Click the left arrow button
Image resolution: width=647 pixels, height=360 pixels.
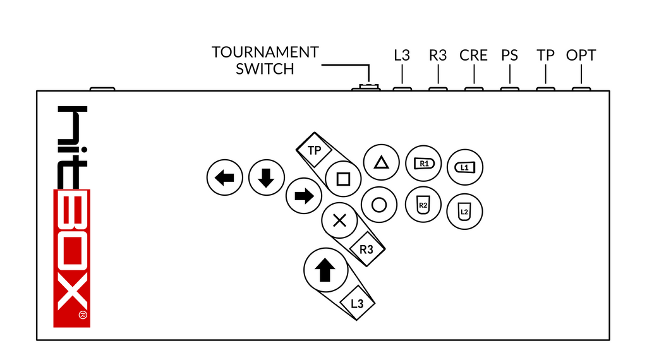tap(225, 178)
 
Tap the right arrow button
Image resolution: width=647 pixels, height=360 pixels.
tap(304, 196)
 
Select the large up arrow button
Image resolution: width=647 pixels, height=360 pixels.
tap(325, 270)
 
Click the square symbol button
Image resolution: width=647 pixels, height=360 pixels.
tap(343, 179)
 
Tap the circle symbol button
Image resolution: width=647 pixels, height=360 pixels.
tap(379, 205)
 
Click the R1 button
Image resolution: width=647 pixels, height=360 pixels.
tap(423, 164)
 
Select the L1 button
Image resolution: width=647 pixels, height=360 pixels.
tap(464, 167)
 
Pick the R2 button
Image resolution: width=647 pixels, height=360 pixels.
tap(423, 205)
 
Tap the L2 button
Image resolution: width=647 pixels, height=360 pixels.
tap(464, 211)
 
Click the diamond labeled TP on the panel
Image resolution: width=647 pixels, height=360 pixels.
tap(314, 150)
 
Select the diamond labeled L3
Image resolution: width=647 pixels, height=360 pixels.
tap(357, 303)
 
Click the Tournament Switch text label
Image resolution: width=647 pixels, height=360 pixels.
tap(265, 61)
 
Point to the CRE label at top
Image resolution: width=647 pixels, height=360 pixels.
tap(473, 56)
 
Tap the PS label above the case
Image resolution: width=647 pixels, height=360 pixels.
tap(509, 56)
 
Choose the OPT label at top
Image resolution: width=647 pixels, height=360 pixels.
tap(581, 56)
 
